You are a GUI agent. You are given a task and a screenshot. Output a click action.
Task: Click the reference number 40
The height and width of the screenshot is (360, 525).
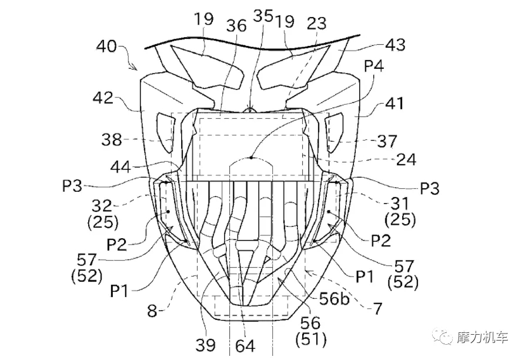[x=106, y=46]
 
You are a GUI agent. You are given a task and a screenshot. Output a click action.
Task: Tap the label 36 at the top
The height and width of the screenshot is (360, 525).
[x=236, y=26]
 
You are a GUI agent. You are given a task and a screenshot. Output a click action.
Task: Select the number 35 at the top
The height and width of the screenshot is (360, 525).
[x=263, y=15]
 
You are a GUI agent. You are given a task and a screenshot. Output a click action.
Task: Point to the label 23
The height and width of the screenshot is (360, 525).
[x=316, y=24]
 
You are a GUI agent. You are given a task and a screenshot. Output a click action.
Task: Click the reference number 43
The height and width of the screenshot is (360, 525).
[x=396, y=45]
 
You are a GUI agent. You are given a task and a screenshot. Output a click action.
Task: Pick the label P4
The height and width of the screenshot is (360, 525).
[x=374, y=66]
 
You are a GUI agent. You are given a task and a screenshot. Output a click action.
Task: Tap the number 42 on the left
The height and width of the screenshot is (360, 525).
[x=103, y=98]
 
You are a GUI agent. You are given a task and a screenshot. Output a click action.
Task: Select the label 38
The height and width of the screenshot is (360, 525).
[x=112, y=139]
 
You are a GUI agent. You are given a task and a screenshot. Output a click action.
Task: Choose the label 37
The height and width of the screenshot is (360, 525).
[x=387, y=141]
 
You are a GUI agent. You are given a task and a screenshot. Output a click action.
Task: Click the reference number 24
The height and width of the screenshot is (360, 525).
[x=406, y=160]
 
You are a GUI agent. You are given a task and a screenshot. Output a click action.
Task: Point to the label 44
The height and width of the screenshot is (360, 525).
[x=120, y=166]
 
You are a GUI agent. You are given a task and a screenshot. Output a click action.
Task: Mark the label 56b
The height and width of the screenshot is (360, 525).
[x=334, y=298]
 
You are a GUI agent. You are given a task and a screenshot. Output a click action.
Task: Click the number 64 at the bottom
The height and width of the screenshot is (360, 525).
[x=245, y=346]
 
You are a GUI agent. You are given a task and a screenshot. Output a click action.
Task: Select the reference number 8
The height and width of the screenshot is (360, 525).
[x=152, y=311]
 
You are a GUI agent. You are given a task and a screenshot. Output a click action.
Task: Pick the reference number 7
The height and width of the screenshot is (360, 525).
[x=377, y=308]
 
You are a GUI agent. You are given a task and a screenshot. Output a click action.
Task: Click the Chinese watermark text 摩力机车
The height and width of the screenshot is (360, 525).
[x=483, y=337]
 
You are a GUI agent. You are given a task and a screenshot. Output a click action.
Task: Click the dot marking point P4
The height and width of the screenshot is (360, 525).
[x=252, y=158]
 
